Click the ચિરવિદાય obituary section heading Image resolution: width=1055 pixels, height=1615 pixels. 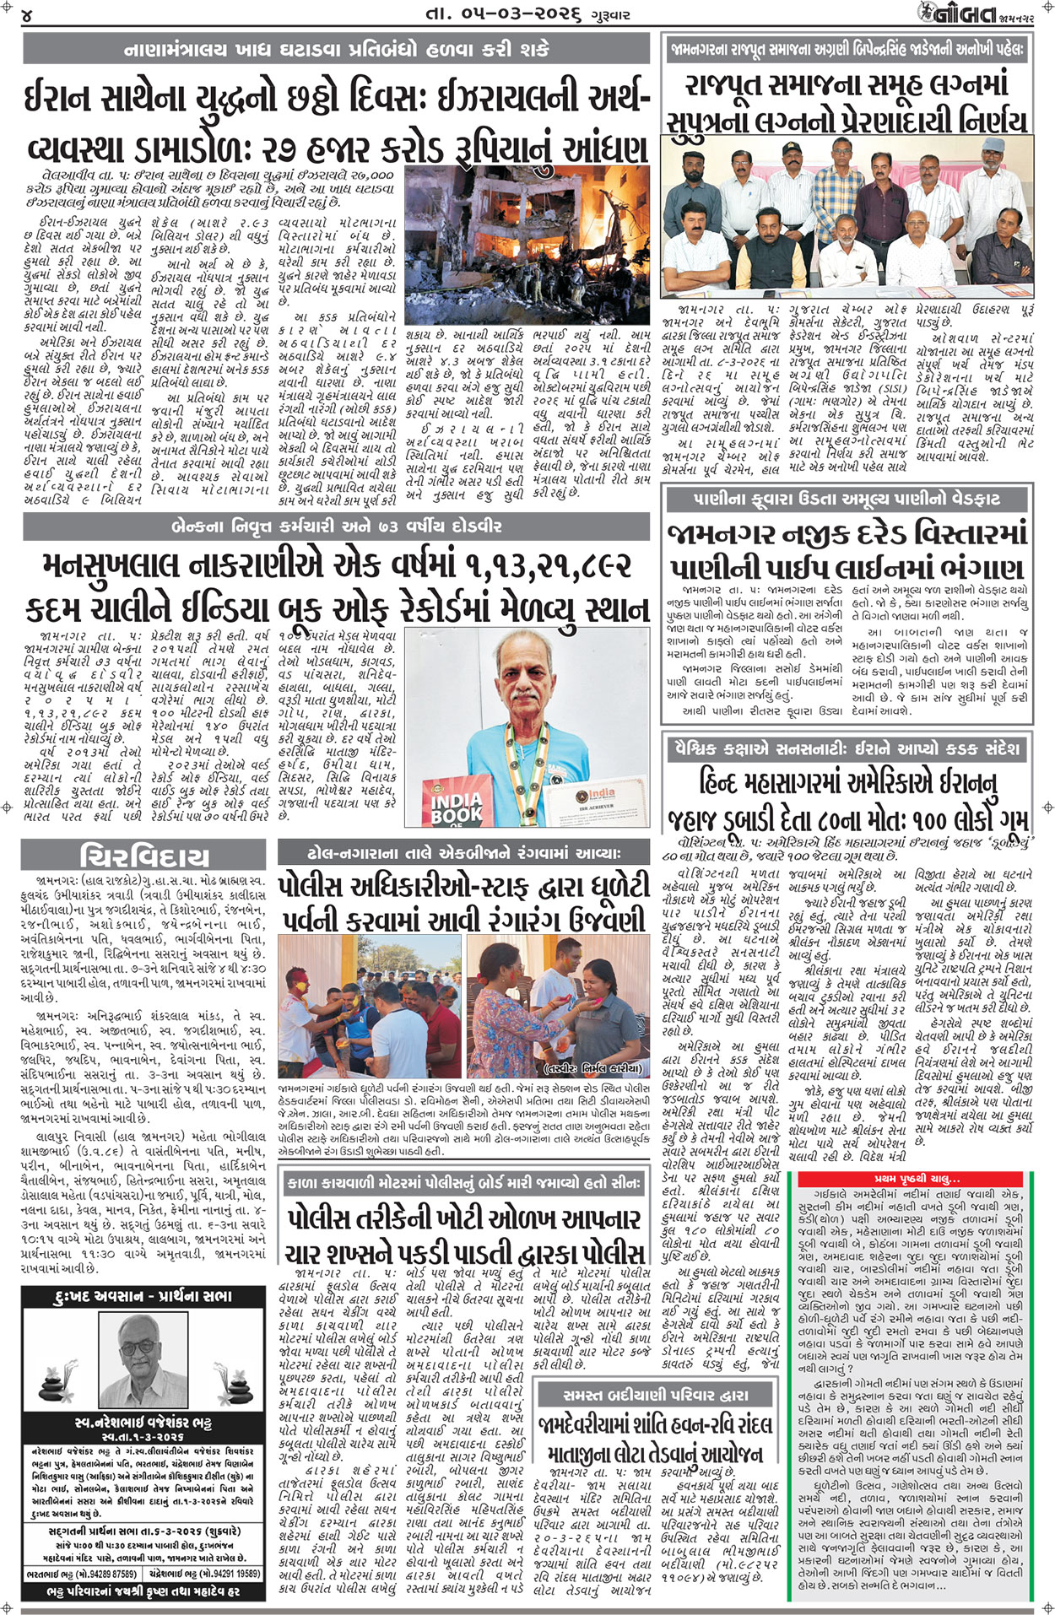click(144, 856)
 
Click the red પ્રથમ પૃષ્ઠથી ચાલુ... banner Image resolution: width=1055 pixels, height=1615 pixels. click(917, 1179)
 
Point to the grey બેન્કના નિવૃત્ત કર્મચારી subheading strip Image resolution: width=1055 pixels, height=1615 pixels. click(338, 527)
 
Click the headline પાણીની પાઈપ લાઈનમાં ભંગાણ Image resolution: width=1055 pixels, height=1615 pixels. click(847, 567)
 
